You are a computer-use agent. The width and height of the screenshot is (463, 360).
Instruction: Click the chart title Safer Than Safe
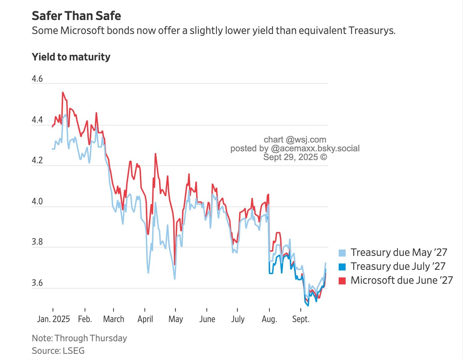76,16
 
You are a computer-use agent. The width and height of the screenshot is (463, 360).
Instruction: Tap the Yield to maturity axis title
71,57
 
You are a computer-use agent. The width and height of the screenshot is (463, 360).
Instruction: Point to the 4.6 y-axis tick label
37,79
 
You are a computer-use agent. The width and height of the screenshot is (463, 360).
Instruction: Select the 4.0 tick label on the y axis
37,201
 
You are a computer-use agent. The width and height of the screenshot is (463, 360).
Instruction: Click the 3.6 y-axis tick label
37,283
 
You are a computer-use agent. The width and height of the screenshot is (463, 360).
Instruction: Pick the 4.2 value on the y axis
37,160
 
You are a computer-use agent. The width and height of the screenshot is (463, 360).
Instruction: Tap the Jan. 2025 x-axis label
53,319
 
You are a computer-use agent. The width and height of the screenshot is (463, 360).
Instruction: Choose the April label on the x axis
145,319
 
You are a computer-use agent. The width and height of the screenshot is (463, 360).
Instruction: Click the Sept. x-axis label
301,319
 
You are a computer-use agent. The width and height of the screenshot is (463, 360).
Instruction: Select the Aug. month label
269,319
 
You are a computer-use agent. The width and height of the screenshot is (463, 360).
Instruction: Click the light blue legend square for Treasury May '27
342,253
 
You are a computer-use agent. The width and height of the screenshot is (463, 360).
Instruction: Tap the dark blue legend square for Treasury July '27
342,267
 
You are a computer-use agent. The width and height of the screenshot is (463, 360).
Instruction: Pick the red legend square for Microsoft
342,281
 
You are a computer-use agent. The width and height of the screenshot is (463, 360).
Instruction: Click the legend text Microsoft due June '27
401,280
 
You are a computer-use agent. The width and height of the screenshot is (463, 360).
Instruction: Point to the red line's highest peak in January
63,93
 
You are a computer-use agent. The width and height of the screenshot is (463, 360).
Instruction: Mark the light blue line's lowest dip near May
175,279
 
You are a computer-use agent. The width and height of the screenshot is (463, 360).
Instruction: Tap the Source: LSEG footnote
58,350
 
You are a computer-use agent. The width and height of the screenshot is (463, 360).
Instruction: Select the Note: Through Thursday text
79,338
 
